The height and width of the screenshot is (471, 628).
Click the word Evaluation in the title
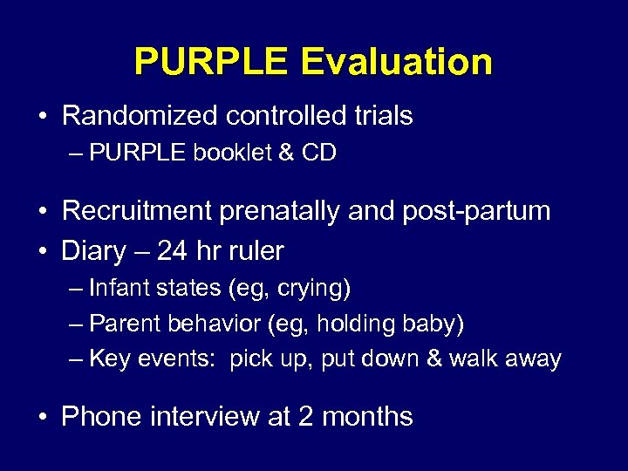[x=397, y=62]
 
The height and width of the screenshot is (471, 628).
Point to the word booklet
[x=222, y=154]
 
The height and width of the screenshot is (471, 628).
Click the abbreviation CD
[x=318, y=154]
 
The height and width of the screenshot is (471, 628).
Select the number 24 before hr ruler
[x=173, y=251]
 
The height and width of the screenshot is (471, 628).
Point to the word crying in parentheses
[x=317, y=287]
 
